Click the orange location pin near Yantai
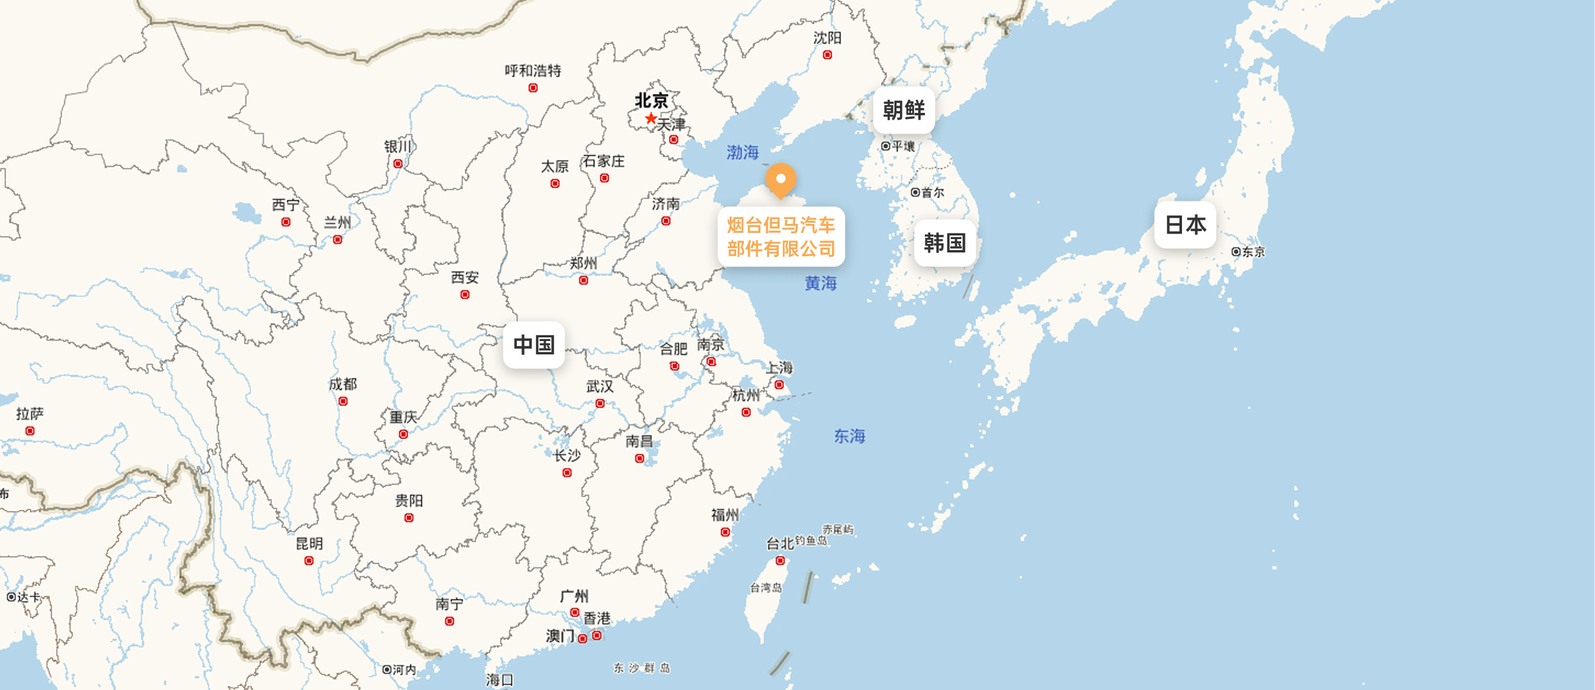coord(781,179)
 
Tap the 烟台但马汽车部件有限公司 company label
coord(781,237)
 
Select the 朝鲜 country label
coord(904,110)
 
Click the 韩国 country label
coord(944,243)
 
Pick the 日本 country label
coord(1185,224)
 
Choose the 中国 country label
coord(534,345)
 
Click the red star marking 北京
coord(650,118)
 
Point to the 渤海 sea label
coord(742,152)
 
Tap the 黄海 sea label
coord(821,283)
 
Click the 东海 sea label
coord(850,436)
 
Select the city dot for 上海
coord(779,385)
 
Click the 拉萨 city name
coord(30,413)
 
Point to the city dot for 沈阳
coord(827,55)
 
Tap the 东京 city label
coord(1252,252)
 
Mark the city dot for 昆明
coord(309,561)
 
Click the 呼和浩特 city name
coord(532,70)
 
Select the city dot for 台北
coord(780,561)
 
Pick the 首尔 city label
coord(932,192)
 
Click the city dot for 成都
coord(343,401)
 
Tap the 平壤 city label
coord(903,146)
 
